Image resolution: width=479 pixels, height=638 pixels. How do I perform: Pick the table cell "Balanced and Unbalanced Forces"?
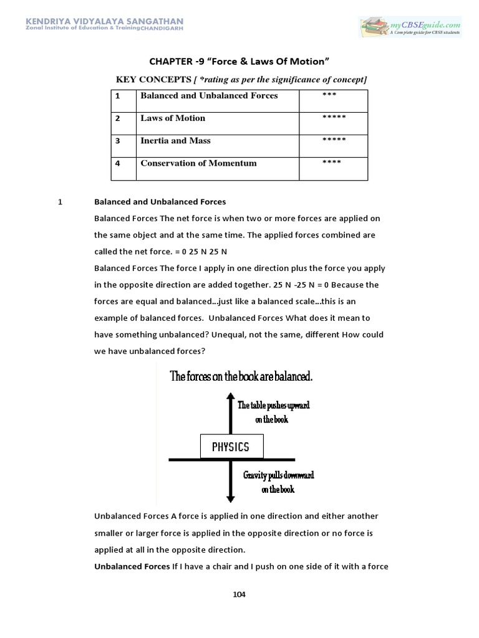pyautogui.click(x=209, y=96)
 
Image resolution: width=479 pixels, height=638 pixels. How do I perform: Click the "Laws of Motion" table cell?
pyautogui.click(x=173, y=118)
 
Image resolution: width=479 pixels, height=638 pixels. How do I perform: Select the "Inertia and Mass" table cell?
pyautogui.click(x=175, y=141)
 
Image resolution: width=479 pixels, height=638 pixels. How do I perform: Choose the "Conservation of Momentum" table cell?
pyautogui.click(x=198, y=163)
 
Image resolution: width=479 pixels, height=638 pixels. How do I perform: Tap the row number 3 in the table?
pyautogui.click(x=117, y=141)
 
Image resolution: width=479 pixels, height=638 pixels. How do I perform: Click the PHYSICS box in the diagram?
pyautogui.click(x=231, y=447)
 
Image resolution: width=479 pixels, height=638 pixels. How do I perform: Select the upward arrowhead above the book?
pyautogui.click(x=231, y=397)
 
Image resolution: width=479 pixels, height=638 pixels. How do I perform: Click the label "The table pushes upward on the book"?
pyautogui.click(x=273, y=412)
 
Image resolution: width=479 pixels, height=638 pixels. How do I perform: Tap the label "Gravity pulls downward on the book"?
pyautogui.click(x=278, y=482)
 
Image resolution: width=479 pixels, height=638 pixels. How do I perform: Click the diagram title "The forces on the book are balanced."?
pyautogui.click(x=241, y=376)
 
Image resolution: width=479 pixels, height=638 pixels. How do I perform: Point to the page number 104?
pyautogui.click(x=239, y=594)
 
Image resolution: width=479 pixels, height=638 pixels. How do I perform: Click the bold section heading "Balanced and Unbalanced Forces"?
pyautogui.click(x=160, y=202)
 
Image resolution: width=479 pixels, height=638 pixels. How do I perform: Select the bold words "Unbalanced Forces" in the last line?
pyautogui.click(x=132, y=566)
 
